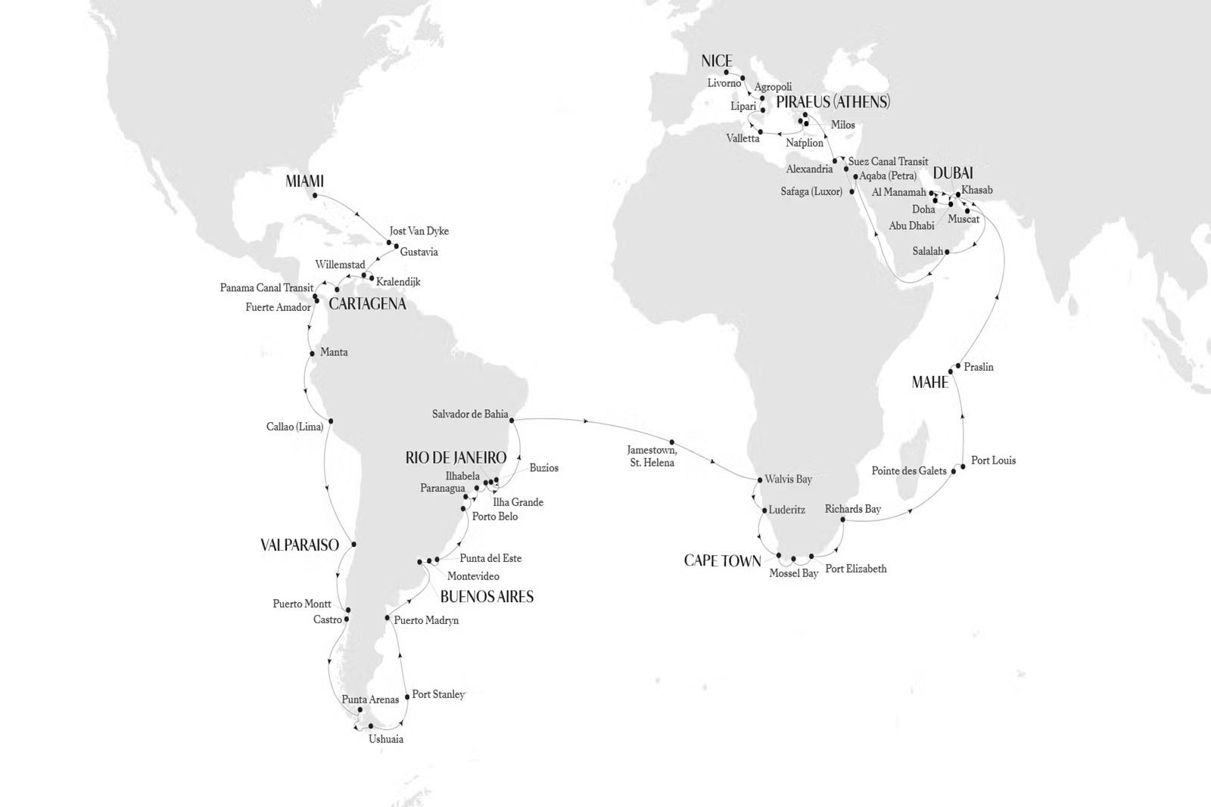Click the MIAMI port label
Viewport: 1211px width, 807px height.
pos(305,182)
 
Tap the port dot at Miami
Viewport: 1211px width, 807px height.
pos(313,195)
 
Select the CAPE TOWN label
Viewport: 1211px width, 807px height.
pos(722,560)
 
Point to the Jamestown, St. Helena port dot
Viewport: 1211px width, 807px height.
pos(671,441)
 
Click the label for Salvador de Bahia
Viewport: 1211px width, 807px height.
pos(469,414)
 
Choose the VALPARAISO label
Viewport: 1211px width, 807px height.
pos(299,545)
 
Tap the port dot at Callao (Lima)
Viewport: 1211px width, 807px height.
pos(331,422)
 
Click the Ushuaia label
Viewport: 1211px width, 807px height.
pos(386,739)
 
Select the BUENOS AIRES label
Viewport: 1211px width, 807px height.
pos(487,597)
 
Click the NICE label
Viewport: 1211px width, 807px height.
pos(717,61)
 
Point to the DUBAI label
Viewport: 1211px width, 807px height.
pos(953,174)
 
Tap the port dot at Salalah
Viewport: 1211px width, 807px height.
pos(948,253)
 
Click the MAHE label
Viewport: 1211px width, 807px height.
pos(930,383)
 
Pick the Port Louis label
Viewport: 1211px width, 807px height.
pos(993,461)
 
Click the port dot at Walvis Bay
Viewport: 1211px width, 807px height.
pos(759,480)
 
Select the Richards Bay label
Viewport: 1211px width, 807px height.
pos(853,509)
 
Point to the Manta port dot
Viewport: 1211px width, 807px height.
pos(312,353)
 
